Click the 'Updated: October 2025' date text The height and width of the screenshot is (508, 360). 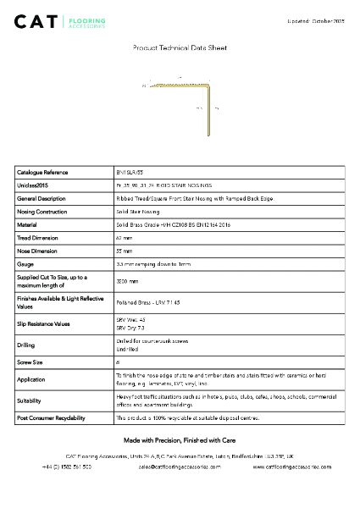(316, 20)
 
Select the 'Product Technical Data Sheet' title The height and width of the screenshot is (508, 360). (180, 49)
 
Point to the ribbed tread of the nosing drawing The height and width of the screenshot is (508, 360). (178, 84)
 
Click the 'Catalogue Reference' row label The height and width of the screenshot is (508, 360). (42, 172)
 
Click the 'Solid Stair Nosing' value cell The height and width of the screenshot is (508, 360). (137, 212)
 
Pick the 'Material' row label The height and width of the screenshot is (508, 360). (28, 225)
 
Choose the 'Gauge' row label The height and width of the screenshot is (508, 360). (25, 265)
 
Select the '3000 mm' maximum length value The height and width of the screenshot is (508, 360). (126, 281)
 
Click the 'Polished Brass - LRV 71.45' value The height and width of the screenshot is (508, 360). (149, 301)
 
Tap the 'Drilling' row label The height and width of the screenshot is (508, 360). (26, 345)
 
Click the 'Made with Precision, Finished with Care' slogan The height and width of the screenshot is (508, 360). (180, 441)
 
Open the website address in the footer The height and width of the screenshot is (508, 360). (292, 467)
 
